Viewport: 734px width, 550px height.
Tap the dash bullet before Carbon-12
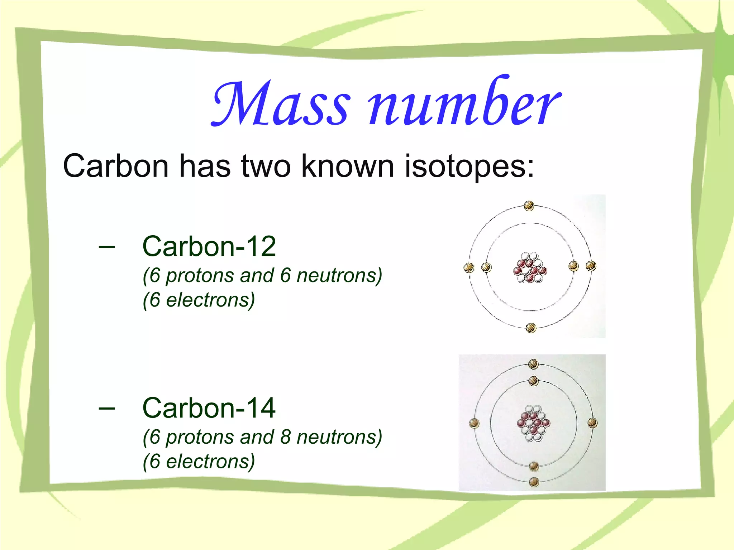(x=106, y=247)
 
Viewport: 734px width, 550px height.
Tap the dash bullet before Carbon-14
(x=106, y=408)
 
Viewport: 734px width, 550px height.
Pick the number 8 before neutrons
(x=285, y=437)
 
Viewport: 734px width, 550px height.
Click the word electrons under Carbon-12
(x=210, y=300)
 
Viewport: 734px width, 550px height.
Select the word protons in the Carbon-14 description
(x=200, y=437)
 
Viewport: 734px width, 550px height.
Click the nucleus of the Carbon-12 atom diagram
(x=530, y=268)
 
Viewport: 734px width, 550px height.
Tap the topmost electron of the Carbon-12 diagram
(x=529, y=206)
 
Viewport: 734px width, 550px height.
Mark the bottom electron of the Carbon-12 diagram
(x=531, y=328)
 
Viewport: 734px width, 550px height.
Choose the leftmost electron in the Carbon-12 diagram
(x=469, y=267)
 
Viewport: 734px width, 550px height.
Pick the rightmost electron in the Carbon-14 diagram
(x=592, y=423)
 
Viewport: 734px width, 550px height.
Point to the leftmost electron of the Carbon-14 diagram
(x=475, y=424)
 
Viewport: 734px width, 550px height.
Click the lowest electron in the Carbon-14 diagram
(x=534, y=482)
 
